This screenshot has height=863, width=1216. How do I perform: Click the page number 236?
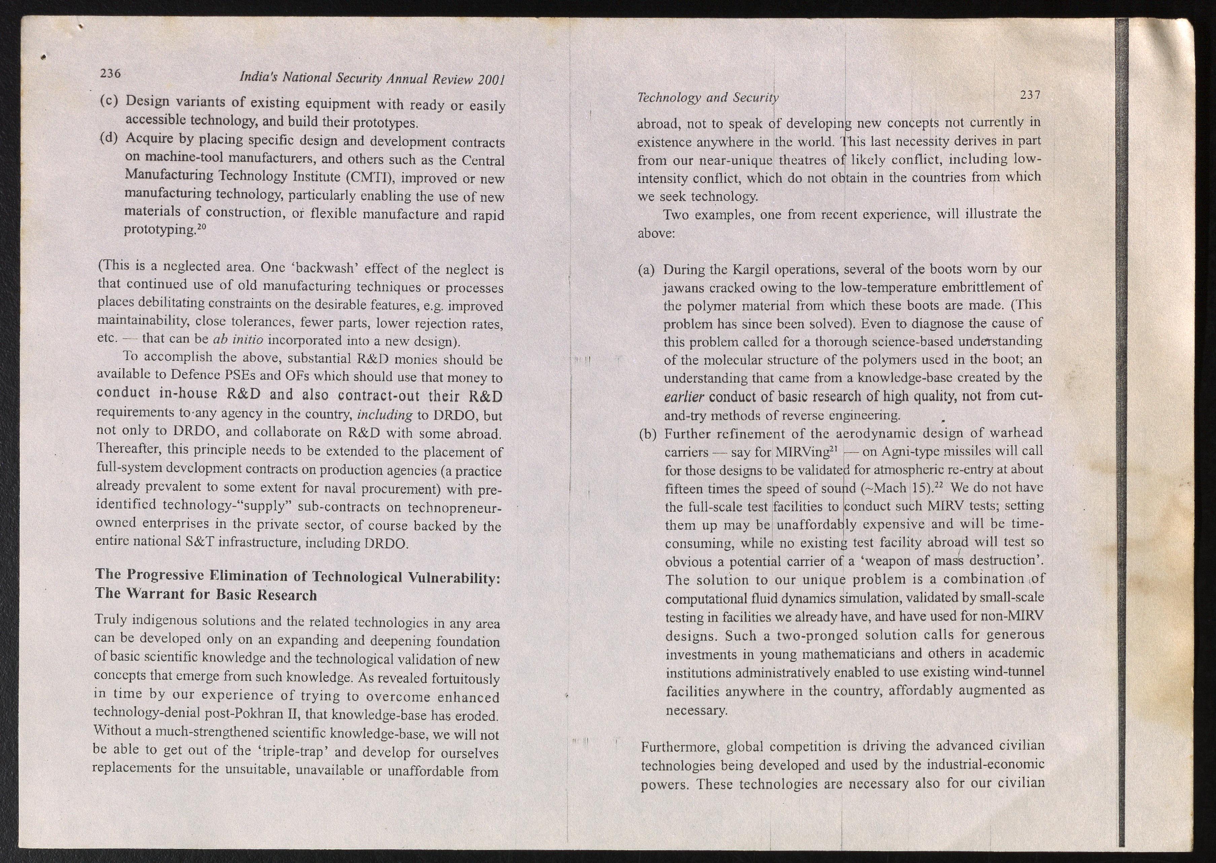pyautogui.click(x=111, y=73)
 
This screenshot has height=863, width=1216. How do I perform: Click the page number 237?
pyautogui.click(x=1030, y=95)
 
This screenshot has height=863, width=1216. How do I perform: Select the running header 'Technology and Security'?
pyautogui.click(x=707, y=98)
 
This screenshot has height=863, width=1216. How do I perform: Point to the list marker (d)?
pyautogui.click(x=108, y=138)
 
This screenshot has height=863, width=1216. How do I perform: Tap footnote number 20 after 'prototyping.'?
pyautogui.click(x=202, y=227)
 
